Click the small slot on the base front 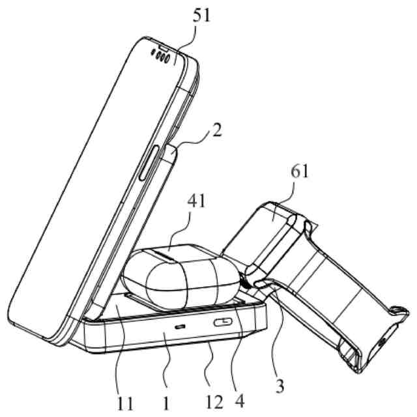(x=179, y=325)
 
